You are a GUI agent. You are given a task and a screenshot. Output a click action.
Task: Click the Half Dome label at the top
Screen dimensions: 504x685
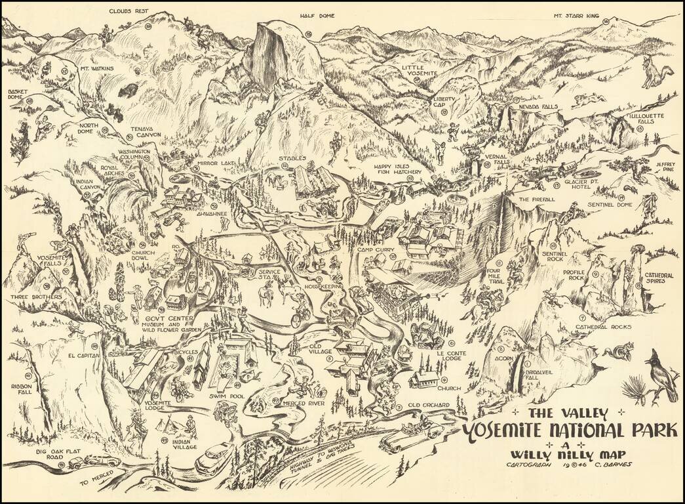(317, 16)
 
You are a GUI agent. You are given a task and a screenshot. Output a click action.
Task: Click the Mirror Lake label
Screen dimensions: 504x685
(205, 161)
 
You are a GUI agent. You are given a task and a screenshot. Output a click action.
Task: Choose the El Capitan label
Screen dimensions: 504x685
(83, 355)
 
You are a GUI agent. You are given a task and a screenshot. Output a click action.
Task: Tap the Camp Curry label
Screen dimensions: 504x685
(374, 250)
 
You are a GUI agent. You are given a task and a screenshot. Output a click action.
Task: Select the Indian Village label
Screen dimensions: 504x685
(186, 445)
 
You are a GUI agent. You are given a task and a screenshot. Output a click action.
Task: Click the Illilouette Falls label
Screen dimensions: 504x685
(646, 119)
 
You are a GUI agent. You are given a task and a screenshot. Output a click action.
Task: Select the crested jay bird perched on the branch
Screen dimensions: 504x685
(663, 377)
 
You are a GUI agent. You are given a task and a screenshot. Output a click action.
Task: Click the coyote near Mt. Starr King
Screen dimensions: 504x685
(654, 72)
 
